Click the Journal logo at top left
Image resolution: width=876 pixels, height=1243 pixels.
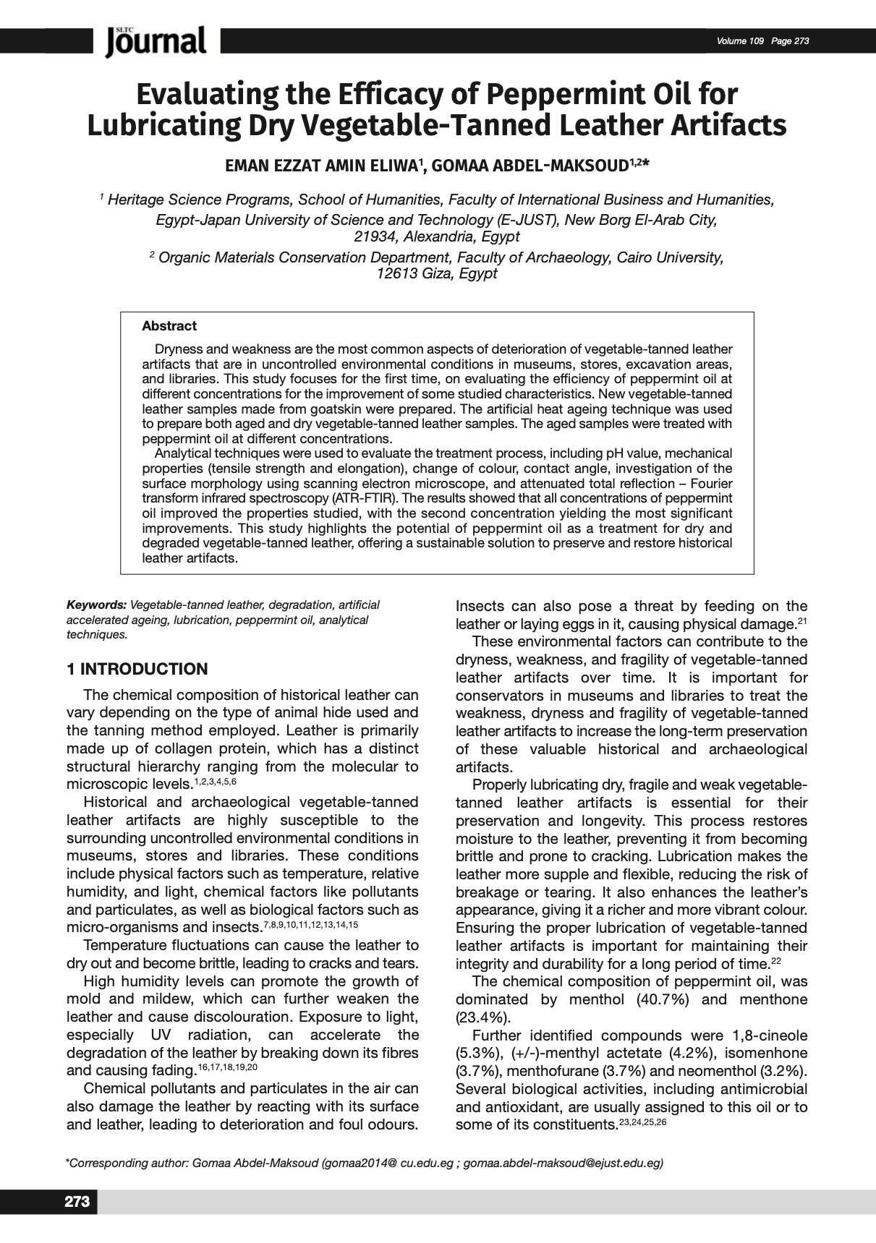pyautogui.click(x=156, y=41)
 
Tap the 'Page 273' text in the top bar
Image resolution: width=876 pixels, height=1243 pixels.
pyautogui.click(x=790, y=40)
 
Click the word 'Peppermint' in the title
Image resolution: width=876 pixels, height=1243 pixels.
pyautogui.click(x=552, y=95)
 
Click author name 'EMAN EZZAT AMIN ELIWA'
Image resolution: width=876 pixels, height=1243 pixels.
pyautogui.click(x=321, y=166)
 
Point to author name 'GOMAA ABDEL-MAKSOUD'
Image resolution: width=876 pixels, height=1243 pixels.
pyautogui.click(x=529, y=166)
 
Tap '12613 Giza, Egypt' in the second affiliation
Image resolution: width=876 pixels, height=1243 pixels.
pyautogui.click(x=437, y=273)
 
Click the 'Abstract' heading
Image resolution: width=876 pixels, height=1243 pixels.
pyautogui.click(x=169, y=326)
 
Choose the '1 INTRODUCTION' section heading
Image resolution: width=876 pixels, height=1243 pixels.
pyautogui.click(x=137, y=669)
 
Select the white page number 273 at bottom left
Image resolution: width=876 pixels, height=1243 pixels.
pyautogui.click(x=77, y=1202)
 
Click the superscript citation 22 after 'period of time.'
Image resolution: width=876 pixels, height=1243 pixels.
pyautogui.click(x=776, y=961)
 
